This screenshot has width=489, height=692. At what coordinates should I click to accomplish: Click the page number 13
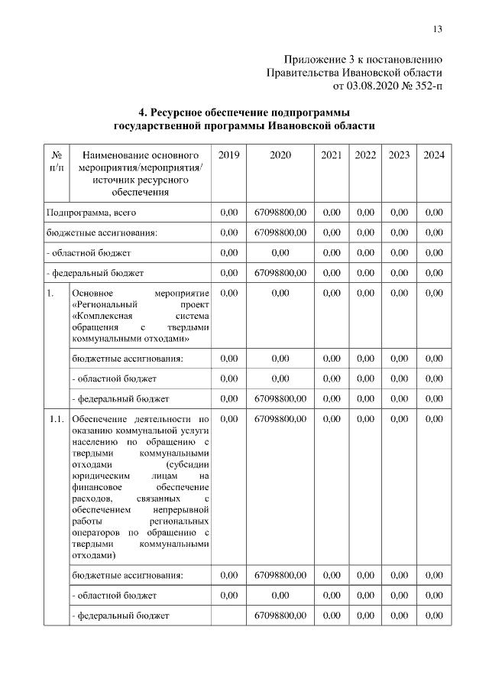tap(437, 30)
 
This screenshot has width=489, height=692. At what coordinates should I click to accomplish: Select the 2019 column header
tap(228, 155)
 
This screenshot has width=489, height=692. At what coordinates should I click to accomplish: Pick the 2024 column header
tap(433, 155)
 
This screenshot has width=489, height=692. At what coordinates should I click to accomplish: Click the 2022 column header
tap(365, 155)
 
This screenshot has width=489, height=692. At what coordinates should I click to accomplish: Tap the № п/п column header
tap(56, 161)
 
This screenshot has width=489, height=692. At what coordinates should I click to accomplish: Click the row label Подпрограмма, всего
tap(91, 212)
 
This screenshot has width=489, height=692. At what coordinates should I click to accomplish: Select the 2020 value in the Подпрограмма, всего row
tap(280, 212)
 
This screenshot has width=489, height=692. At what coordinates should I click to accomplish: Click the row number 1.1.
tap(56, 418)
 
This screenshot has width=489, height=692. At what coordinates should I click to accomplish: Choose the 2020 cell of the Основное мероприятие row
tap(280, 292)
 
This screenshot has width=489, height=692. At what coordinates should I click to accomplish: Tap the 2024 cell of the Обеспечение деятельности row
tap(433, 418)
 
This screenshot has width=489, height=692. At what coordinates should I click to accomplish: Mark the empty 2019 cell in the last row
tap(228, 614)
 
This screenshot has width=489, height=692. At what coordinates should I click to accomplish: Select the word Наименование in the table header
tap(115, 155)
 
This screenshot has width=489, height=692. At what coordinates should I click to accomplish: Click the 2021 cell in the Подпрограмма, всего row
tap(332, 212)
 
